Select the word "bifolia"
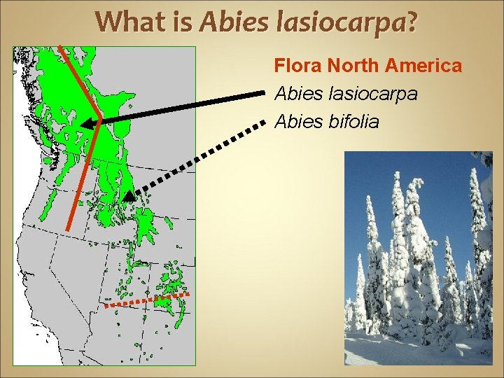[353, 122]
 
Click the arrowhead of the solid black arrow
[86, 124]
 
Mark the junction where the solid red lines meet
[99, 120]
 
